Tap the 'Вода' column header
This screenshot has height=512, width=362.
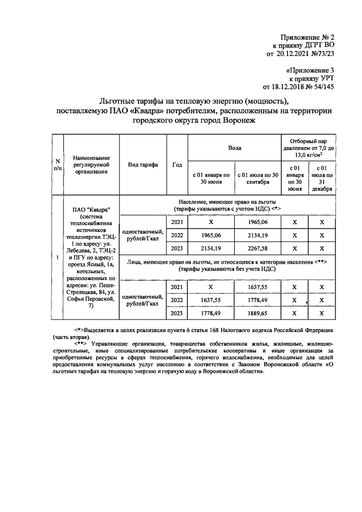pos(234,148)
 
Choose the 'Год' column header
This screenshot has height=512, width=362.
pos(176,165)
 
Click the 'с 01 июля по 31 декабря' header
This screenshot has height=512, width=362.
pos(322,179)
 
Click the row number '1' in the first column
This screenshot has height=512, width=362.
pos(57,258)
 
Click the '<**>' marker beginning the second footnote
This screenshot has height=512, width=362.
pos(83,343)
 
